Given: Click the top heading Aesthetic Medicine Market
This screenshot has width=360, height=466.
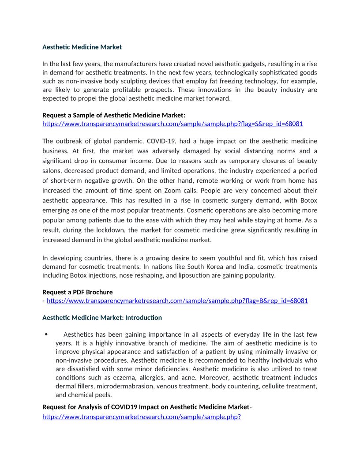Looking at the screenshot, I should pyautogui.click(x=82, y=47).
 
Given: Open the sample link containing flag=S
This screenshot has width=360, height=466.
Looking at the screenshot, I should pyautogui.click(x=172, y=124).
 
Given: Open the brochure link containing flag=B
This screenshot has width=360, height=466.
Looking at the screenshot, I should pyautogui.click(x=177, y=301).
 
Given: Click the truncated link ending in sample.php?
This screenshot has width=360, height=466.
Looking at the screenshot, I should pyautogui.click(x=142, y=416).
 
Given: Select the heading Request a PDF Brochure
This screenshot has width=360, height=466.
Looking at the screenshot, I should pyautogui.click(x=77, y=292).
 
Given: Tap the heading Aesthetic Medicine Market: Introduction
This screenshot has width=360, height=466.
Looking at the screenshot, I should pyautogui.click(x=102, y=317).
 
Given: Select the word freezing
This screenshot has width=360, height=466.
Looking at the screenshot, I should pyautogui.click(x=239, y=81).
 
